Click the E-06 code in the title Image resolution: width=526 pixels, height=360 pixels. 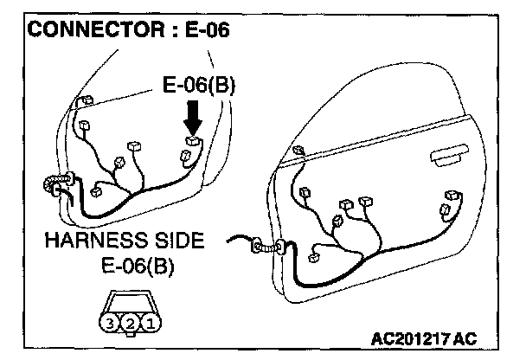pos(205,32)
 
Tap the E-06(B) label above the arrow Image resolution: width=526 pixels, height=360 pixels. pos(199,87)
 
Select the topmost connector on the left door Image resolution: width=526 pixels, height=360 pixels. pos(84,104)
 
